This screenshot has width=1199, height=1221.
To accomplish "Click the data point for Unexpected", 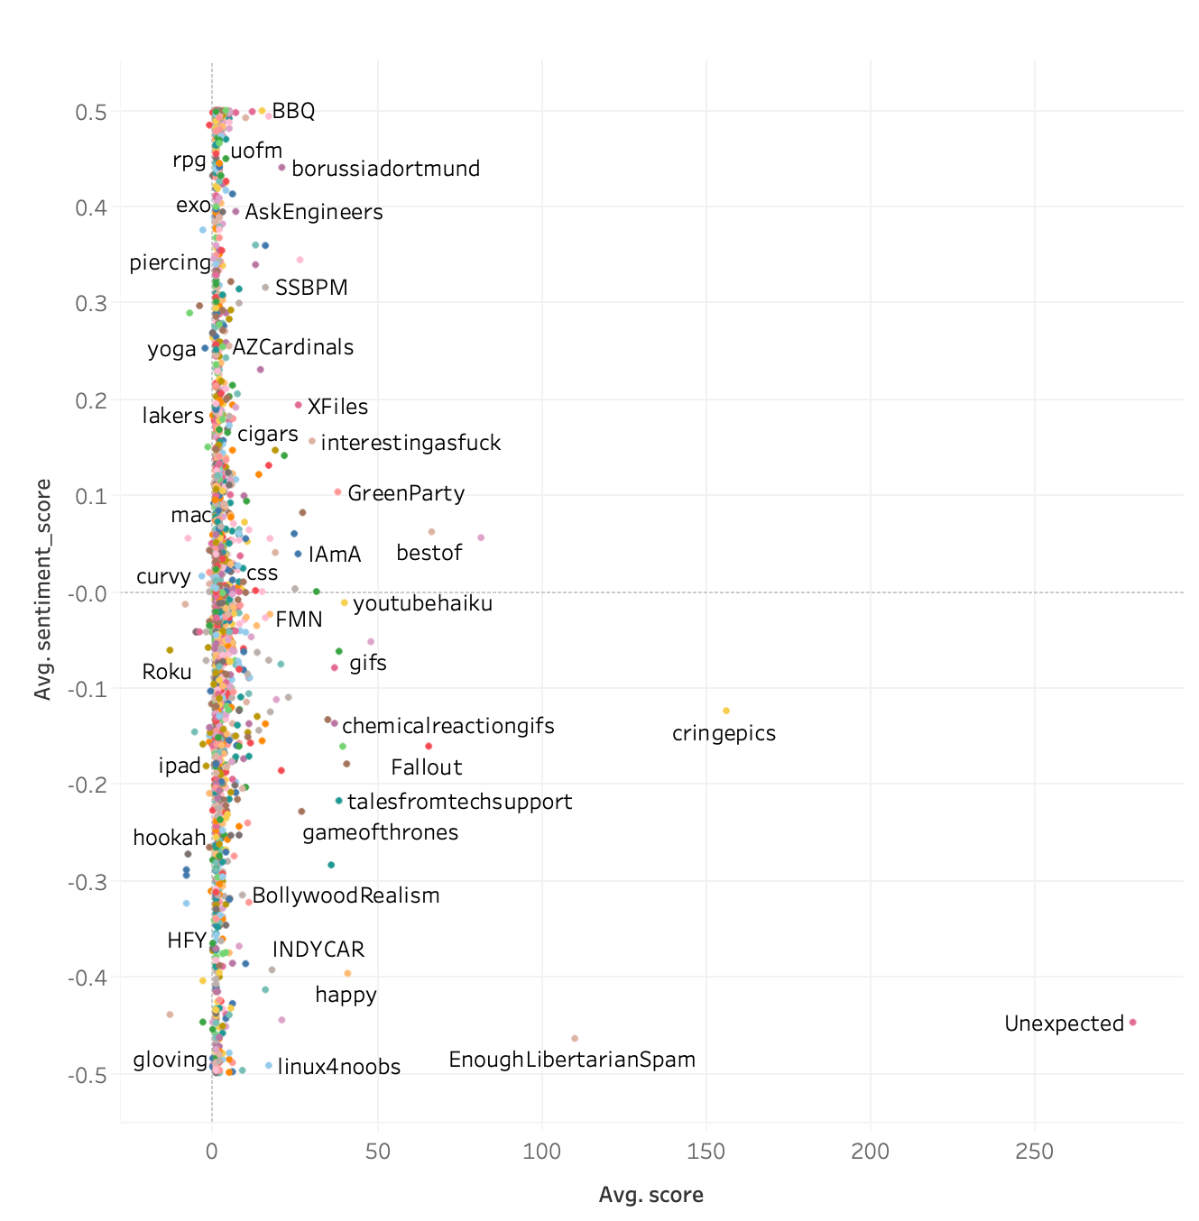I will tap(1132, 1022).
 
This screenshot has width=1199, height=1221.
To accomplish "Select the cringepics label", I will tap(724, 733).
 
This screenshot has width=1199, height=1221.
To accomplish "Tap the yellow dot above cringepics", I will tap(726, 711).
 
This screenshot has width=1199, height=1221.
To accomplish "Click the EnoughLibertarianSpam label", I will tap(571, 1060).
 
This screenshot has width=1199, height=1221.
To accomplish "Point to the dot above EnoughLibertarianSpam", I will tap(575, 1039).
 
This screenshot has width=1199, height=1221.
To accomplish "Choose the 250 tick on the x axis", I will tap(1034, 1152).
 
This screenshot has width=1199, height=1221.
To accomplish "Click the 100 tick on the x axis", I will tap(541, 1152).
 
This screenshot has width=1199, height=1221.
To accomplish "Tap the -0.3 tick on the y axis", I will tap(88, 881).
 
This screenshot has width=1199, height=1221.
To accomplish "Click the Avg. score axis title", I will tap(650, 1196).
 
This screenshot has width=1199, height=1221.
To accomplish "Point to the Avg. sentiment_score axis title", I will tap(42, 589).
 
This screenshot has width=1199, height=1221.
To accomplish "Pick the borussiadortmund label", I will tap(385, 169).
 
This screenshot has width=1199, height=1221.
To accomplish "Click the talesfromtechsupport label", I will tap(459, 802).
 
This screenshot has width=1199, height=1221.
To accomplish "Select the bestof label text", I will tap(429, 553).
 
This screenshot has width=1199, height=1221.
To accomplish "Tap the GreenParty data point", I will tap(338, 491).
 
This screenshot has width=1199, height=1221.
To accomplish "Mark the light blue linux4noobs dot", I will tap(269, 1065).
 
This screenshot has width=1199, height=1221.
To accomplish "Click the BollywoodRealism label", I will tap(346, 895).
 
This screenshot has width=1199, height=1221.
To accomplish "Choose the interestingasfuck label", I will tap(410, 443).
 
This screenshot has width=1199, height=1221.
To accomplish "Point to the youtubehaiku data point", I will tap(344, 602).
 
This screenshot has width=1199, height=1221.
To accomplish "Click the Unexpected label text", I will tap(1064, 1024).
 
